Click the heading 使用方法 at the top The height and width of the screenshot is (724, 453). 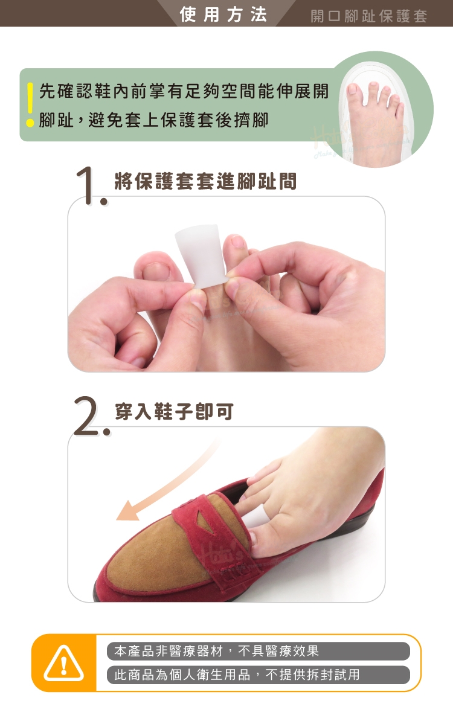pyautogui.click(x=223, y=14)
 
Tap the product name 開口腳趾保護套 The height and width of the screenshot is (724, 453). pyautogui.click(x=368, y=16)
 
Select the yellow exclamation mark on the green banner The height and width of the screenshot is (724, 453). pyautogui.click(x=30, y=104)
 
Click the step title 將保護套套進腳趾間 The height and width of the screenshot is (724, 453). pyautogui.click(x=205, y=181)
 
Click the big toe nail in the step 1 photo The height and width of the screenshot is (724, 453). pyautogui.click(x=156, y=271)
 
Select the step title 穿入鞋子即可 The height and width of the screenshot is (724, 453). pyautogui.click(x=175, y=411)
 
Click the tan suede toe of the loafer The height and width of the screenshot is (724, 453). pyautogui.click(x=152, y=554)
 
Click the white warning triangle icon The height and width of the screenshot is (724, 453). pyautogui.click(x=64, y=664)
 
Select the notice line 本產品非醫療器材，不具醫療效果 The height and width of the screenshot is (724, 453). pyautogui.click(x=217, y=651)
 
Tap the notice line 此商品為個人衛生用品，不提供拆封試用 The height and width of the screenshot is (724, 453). pyautogui.click(x=237, y=674)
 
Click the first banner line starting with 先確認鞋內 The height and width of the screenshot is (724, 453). pyautogui.click(x=184, y=91)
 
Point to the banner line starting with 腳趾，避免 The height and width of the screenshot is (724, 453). pyautogui.click(x=153, y=120)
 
